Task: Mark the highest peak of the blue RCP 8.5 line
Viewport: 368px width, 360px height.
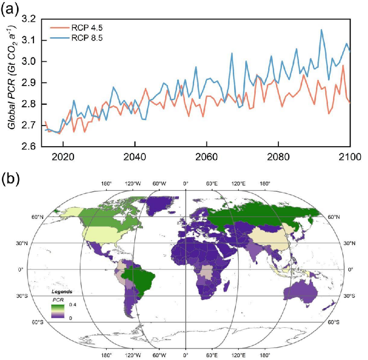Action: pyautogui.click(x=321, y=30)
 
